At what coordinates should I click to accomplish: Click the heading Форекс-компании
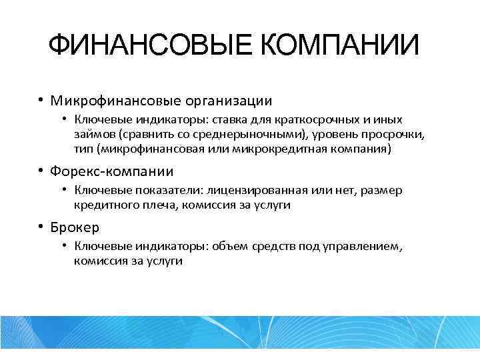click(113, 172)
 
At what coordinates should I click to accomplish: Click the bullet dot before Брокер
click(41, 227)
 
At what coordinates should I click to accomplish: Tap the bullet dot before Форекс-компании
click(41, 171)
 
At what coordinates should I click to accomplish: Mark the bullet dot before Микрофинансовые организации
click(41, 101)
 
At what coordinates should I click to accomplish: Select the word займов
click(93, 135)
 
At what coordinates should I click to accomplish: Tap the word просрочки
click(393, 135)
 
